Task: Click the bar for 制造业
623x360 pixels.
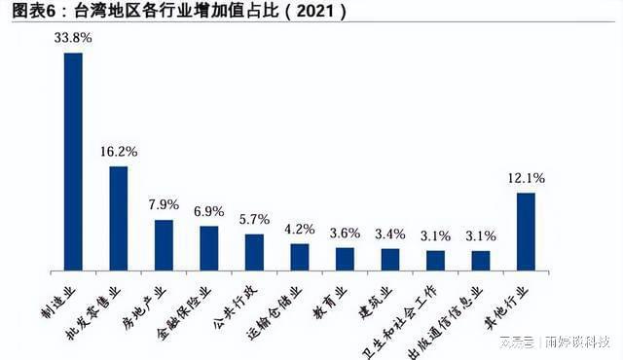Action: [73, 161]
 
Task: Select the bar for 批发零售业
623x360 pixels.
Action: [119, 217]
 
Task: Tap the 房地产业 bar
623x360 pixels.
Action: [164, 244]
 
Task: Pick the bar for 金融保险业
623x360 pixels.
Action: [209, 247]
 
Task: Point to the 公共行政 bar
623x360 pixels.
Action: [254, 251]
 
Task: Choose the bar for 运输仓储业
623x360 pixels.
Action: [300, 256]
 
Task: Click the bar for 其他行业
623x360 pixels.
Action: [526, 231]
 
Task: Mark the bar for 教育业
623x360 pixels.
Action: [345, 258]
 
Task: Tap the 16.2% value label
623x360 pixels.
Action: [119, 153]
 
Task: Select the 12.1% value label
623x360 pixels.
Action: [526, 179]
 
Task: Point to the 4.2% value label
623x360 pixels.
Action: [300, 230]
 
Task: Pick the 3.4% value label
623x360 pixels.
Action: [390, 234]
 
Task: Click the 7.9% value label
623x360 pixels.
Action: [164, 205]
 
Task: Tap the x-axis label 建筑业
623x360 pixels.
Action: [379, 293]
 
